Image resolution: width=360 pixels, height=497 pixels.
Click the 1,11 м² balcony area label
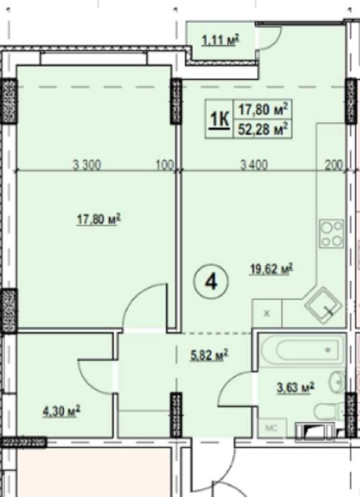220,40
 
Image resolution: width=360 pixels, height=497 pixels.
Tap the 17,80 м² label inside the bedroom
99,220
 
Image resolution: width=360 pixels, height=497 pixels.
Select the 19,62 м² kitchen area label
272,269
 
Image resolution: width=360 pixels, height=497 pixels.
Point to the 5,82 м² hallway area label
209,355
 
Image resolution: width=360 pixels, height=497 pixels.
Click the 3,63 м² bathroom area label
295,388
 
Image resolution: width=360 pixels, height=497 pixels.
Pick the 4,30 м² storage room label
62,412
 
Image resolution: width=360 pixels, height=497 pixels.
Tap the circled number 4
212,282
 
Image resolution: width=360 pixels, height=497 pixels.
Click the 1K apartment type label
219,120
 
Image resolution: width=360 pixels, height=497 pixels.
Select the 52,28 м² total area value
264,129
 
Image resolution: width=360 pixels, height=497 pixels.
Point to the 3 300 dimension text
87,165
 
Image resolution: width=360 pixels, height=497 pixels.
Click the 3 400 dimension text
254,165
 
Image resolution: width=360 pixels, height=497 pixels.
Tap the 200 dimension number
334,165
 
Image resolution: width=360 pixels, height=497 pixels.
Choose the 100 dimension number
166,165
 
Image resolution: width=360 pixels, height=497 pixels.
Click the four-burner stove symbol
332,234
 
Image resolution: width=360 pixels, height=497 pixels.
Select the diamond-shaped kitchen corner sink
323,306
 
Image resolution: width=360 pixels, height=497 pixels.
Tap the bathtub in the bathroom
301,351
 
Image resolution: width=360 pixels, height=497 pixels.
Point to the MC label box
272,428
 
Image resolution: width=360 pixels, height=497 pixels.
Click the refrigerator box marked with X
266,314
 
